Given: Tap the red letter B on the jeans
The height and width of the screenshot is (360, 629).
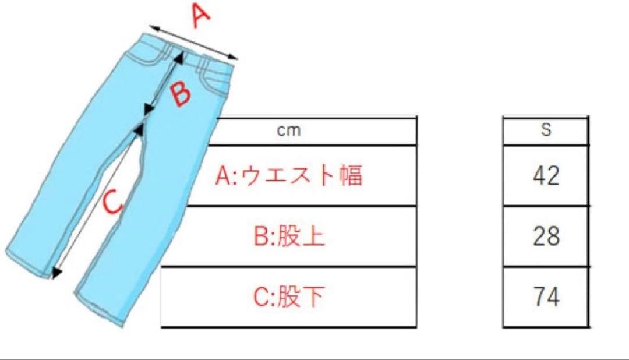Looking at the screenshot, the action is pyautogui.click(x=180, y=94).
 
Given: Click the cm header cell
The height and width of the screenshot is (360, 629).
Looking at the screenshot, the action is pyautogui.click(x=289, y=130).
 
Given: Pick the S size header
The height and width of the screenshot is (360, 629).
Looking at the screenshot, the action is pyautogui.click(x=546, y=129).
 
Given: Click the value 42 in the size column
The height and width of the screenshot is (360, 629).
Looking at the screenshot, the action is pyautogui.click(x=546, y=175).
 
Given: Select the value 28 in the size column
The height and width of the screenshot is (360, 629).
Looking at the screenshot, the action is pyautogui.click(x=546, y=236).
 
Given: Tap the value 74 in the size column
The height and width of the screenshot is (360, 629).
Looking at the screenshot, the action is pyautogui.click(x=546, y=297).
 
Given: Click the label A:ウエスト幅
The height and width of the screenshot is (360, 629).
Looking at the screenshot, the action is pyautogui.click(x=289, y=175).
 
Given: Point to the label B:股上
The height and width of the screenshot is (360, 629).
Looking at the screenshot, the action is pyautogui.click(x=289, y=236).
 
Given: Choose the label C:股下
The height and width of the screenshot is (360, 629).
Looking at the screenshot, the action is pyautogui.click(x=289, y=297).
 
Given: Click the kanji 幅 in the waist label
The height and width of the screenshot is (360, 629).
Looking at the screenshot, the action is pyautogui.click(x=351, y=175).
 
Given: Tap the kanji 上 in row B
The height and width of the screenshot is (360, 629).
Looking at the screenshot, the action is pyautogui.click(x=313, y=236).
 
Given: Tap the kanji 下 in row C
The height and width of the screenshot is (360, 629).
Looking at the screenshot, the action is pyautogui.click(x=313, y=297).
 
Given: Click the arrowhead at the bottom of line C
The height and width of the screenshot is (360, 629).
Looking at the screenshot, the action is pyautogui.click(x=56, y=272).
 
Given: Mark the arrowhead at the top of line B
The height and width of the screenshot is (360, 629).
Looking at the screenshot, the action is pyautogui.click(x=179, y=58).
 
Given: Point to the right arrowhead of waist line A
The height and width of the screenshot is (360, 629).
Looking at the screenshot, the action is pyautogui.click(x=232, y=57).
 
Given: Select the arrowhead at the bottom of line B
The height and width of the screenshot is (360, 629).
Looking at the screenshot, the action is pyautogui.click(x=149, y=109).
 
